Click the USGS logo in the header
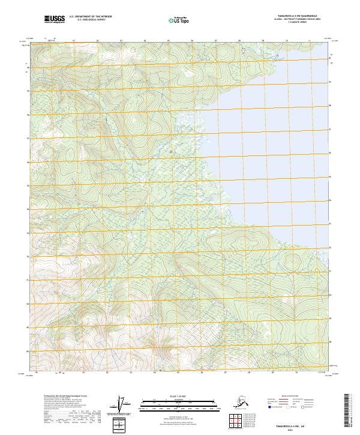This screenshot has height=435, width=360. pos(55,20)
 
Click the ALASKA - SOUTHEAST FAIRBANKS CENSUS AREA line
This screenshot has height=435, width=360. pos(284,20)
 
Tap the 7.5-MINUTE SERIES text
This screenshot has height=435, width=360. pos(284,23)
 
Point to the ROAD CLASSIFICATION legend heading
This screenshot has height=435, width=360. pos(289,397)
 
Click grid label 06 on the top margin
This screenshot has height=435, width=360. pos(191,41)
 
